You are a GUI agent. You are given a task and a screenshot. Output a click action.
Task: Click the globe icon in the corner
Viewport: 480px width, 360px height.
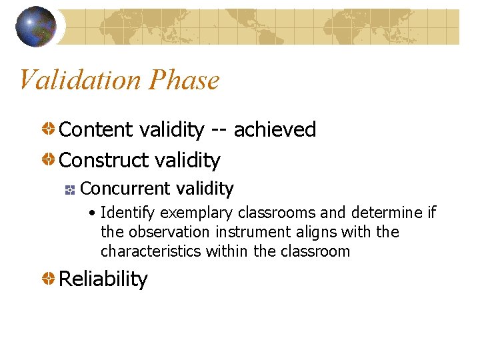[36, 27]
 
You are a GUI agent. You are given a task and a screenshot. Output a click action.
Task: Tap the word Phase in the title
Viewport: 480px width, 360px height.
[184, 80]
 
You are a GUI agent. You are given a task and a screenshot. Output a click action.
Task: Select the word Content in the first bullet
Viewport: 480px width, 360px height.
[97, 129]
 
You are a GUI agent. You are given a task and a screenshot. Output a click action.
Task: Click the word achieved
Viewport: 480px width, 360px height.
[275, 129]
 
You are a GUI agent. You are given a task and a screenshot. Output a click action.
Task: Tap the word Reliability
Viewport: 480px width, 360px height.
[103, 279]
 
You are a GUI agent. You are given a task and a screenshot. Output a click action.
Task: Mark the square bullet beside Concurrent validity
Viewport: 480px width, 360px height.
[69, 190]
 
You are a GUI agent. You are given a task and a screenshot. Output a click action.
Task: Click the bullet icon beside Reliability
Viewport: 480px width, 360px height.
[50, 279]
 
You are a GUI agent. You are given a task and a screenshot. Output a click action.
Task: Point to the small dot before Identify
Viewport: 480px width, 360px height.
[93, 213]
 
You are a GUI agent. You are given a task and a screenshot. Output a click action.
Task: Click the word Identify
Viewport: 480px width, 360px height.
[129, 213]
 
